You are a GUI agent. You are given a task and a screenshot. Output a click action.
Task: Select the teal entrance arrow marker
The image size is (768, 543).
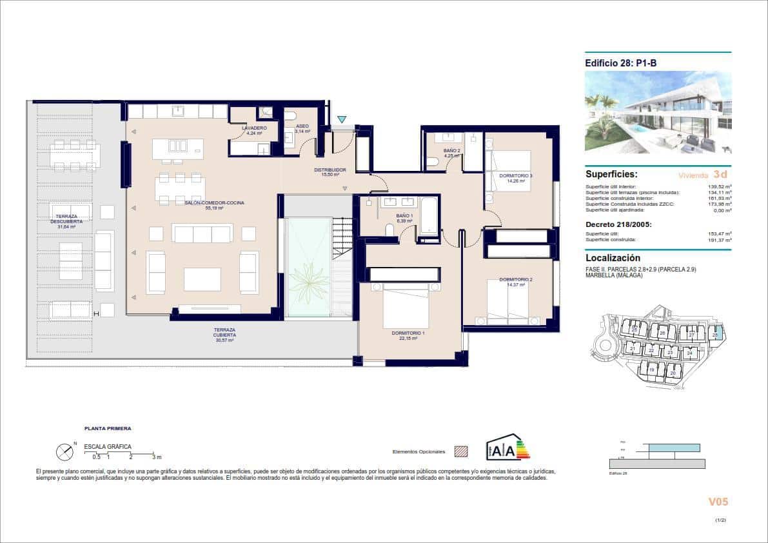point(342,119)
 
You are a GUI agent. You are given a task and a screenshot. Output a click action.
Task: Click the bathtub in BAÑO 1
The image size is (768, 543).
point(428,219)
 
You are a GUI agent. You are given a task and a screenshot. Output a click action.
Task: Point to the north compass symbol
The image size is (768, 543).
point(65,452)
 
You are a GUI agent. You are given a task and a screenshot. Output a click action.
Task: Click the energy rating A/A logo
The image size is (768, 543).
point(507,447)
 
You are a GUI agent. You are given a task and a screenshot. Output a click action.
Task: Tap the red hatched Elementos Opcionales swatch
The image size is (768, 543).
point(460,451)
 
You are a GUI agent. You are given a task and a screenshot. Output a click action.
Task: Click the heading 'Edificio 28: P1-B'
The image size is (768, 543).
point(621,63)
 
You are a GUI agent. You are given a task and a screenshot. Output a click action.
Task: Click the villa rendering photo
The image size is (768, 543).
point(658,112)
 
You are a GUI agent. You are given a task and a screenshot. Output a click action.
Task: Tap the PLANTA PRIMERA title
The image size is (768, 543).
point(108,428)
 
